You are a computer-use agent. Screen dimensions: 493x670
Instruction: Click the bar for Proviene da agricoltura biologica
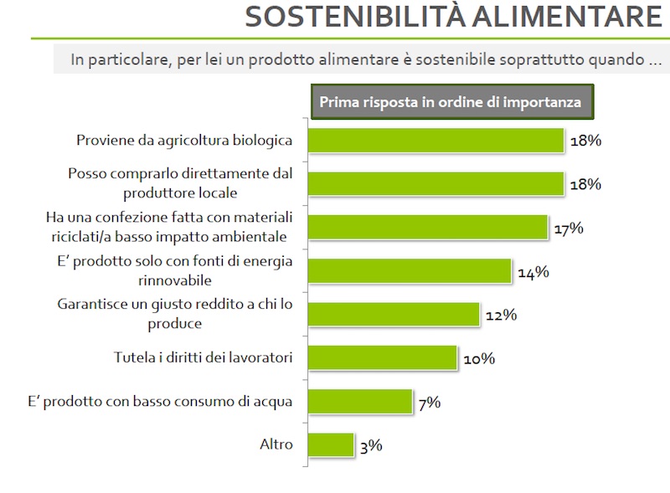click(x=435, y=141)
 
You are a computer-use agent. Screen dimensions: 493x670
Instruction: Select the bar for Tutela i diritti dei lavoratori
click(x=382, y=358)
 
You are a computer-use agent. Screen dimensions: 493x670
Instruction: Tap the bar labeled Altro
click(x=331, y=444)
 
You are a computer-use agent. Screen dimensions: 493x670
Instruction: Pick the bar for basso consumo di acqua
click(x=360, y=402)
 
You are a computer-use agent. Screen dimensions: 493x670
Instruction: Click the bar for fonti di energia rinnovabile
click(x=409, y=271)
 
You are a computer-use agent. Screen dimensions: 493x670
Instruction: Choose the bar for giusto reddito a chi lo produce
click(x=394, y=315)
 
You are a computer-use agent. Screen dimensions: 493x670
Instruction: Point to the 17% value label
click(x=568, y=228)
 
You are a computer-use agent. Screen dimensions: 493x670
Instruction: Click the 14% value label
click(x=533, y=271)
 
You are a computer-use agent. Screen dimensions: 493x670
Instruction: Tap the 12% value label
click(x=501, y=315)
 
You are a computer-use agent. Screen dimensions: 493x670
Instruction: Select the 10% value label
click(x=479, y=358)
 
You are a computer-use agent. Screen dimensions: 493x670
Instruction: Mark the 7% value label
click(x=429, y=402)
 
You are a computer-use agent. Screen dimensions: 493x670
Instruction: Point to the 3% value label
click(x=370, y=445)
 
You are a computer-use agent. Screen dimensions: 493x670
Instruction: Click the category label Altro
click(x=276, y=444)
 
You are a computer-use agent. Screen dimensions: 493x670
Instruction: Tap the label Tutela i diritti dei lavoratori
click(x=203, y=357)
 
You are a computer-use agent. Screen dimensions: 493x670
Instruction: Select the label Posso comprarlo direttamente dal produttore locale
click(x=179, y=183)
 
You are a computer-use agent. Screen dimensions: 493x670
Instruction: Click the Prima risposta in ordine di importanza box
click(x=451, y=102)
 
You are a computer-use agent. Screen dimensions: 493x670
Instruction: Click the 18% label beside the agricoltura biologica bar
click(x=585, y=141)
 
